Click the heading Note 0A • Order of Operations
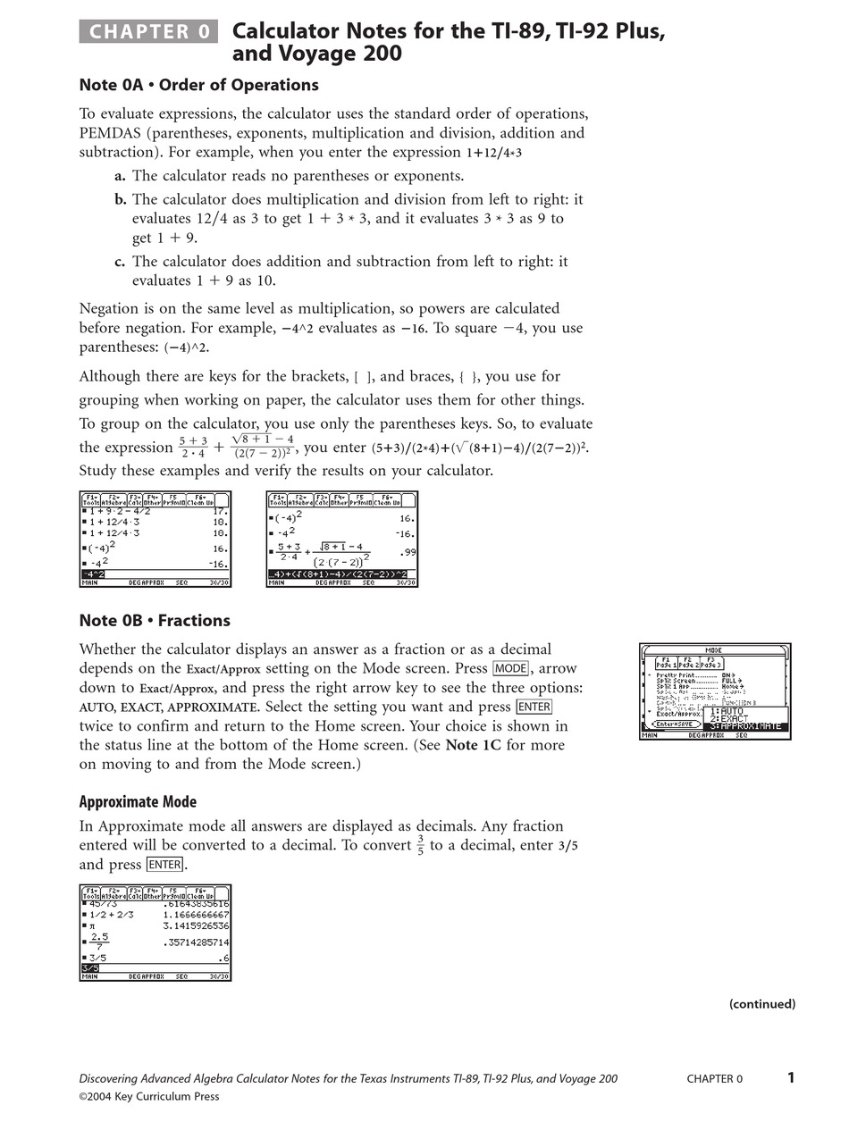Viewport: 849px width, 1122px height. pyautogui.click(x=198, y=85)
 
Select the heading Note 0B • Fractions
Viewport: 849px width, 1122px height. pyautogui.click(x=155, y=621)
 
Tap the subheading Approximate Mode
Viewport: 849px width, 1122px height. pyautogui.click(x=138, y=801)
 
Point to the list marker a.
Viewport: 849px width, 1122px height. pyautogui.click(x=120, y=176)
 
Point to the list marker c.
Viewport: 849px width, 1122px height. pyautogui.click(x=120, y=262)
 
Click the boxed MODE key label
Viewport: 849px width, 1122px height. pyautogui.click(x=510, y=669)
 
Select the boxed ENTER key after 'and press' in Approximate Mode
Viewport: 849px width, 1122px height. pyautogui.click(x=164, y=865)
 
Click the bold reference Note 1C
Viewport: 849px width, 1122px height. pyautogui.click(x=473, y=745)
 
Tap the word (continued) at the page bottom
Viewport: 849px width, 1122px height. pyautogui.click(x=761, y=1004)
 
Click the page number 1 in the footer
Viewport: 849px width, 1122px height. pyautogui.click(x=790, y=1077)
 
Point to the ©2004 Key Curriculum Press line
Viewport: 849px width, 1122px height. pyautogui.click(x=148, y=1096)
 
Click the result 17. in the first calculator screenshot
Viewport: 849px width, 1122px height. pyautogui.click(x=220, y=512)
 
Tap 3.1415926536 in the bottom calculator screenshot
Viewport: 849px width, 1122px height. pyautogui.click(x=196, y=926)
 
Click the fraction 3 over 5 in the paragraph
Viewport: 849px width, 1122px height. pyautogui.click(x=421, y=845)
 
